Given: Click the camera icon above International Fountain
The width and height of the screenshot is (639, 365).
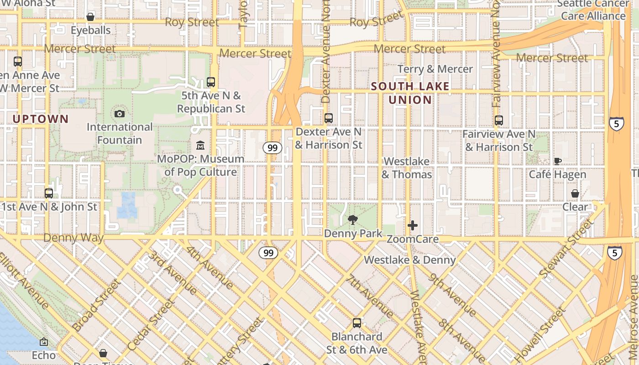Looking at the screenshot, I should (120, 114).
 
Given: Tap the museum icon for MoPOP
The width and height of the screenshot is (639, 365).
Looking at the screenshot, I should (200, 146).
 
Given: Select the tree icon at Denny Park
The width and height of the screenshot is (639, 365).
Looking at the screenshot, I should (353, 220).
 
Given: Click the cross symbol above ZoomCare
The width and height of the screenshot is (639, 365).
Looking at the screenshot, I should (413, 225).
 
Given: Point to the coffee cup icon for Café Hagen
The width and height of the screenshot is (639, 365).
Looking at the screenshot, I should (557, 161).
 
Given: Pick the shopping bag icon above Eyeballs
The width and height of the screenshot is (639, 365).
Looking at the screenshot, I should (90, 17).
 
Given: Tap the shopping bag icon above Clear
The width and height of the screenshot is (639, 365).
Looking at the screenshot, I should (575, 193).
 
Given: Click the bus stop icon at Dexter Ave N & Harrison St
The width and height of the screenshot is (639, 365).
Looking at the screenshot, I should (329, 118).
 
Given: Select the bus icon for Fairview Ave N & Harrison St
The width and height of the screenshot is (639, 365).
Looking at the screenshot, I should (499, 120).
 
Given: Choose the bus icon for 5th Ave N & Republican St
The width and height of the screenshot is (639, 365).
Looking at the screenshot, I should (211, 82).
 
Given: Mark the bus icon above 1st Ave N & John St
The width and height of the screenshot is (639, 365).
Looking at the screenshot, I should (49, 193).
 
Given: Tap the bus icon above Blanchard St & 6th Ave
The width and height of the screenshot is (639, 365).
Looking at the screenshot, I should (357, 323).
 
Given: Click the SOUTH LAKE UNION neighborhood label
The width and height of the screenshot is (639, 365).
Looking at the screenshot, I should (410, 93).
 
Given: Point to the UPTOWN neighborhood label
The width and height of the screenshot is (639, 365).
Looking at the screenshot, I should (41, 119).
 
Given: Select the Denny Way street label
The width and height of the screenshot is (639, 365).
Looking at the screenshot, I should (73, 238).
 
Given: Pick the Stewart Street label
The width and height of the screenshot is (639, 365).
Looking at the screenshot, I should (566, 248).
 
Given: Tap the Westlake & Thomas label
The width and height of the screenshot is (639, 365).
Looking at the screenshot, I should (406, 168).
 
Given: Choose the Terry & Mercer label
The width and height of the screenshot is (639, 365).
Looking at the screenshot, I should (435, 69).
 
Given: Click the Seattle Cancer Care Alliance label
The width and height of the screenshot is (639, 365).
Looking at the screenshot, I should (593, 10).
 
